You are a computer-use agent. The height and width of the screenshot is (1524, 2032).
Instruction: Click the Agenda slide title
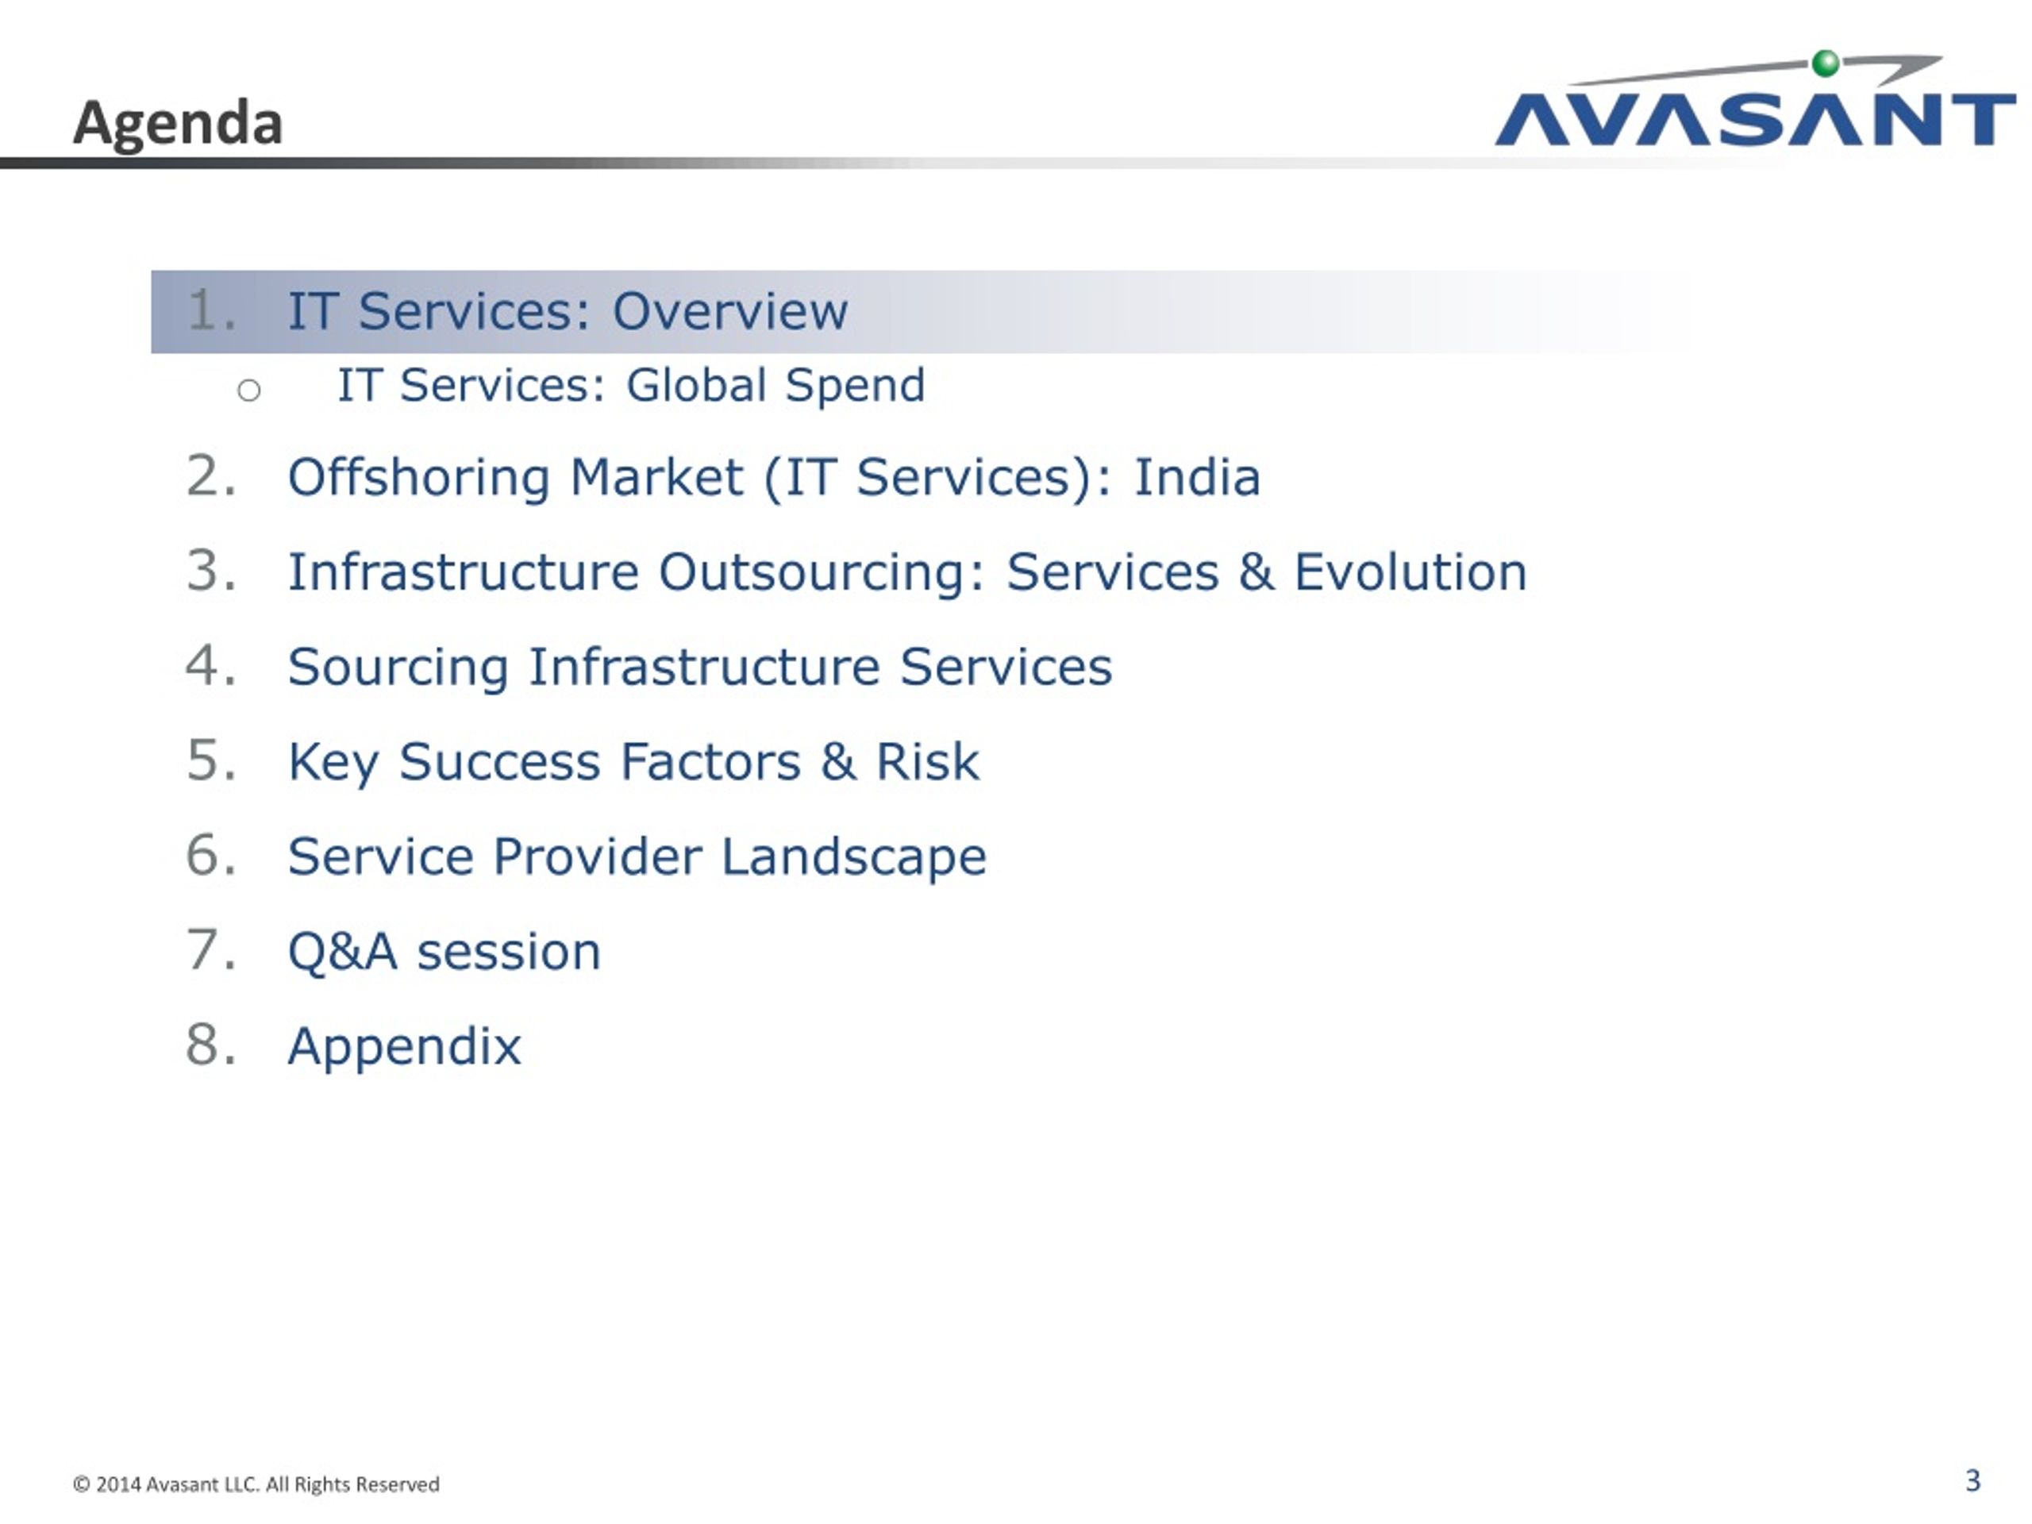pyautogui.click(x=177, y=123)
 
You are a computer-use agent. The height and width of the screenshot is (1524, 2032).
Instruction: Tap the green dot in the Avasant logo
pyautogui.click(x=1826, y=63)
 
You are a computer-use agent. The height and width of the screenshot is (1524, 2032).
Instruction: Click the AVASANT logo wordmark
pyautogui.click(x=1754, y=118)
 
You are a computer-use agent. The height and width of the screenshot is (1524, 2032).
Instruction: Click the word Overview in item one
pyautogui.click(x=730, y=310)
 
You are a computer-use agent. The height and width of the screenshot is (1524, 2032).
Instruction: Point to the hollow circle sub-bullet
pyautogui.click(x=249, y=391)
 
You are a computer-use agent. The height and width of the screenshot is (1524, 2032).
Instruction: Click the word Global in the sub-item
pyautogui.click(x=696, y=384)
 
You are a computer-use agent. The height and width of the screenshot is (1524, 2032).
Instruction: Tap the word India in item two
pyautogui.click(x=1197, y=477)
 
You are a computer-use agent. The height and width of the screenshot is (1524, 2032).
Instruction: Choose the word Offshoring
pyautogui.click(x=419, y=477)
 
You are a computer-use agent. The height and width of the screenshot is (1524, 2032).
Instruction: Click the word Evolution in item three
pyautogui.click(x=1410, y=571)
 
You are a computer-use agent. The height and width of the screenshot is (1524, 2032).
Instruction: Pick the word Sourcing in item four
pyautogui.click(x=398, y=667)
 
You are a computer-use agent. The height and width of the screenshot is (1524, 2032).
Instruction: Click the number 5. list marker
pyautogui.click(x=211, y=760)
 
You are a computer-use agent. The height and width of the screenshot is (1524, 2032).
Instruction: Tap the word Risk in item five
pyautogui.click(x=927, y=761)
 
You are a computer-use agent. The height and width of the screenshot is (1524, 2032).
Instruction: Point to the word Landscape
pyautogui.click(x=853, y=857)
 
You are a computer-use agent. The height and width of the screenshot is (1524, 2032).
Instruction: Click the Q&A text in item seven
pyautogui.click(x=343, y=951)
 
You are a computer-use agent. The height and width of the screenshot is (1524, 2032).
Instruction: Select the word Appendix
pyautogui.click(x=404, y=1046)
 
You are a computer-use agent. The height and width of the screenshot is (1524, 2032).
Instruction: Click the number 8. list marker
pyautogui.click(x=211, y=1045)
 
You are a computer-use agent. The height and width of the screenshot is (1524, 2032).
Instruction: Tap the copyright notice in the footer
pyautogui.click(x=256, y=1484)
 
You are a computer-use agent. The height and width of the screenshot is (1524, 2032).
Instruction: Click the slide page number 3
pyautogui.click(x=1972, y=1481)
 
